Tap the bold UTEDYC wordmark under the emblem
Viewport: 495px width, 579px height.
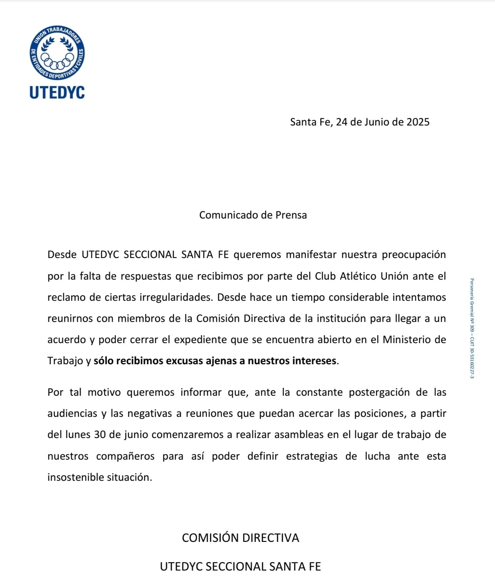click(x=57, y=93)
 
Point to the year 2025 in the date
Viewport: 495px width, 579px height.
click(x=418, y=122)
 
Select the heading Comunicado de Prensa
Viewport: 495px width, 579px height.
click(x=253, y=215)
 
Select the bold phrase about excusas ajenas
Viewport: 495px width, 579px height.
click(x=215, y=361)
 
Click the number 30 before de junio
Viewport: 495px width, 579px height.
click(x=99, y=435)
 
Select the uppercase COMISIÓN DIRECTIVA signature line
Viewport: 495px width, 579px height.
click(x=240, y=538)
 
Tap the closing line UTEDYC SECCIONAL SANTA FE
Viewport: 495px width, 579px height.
click(x=240, y=567)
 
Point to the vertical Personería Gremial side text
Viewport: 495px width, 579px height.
click(x=472, y=329)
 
